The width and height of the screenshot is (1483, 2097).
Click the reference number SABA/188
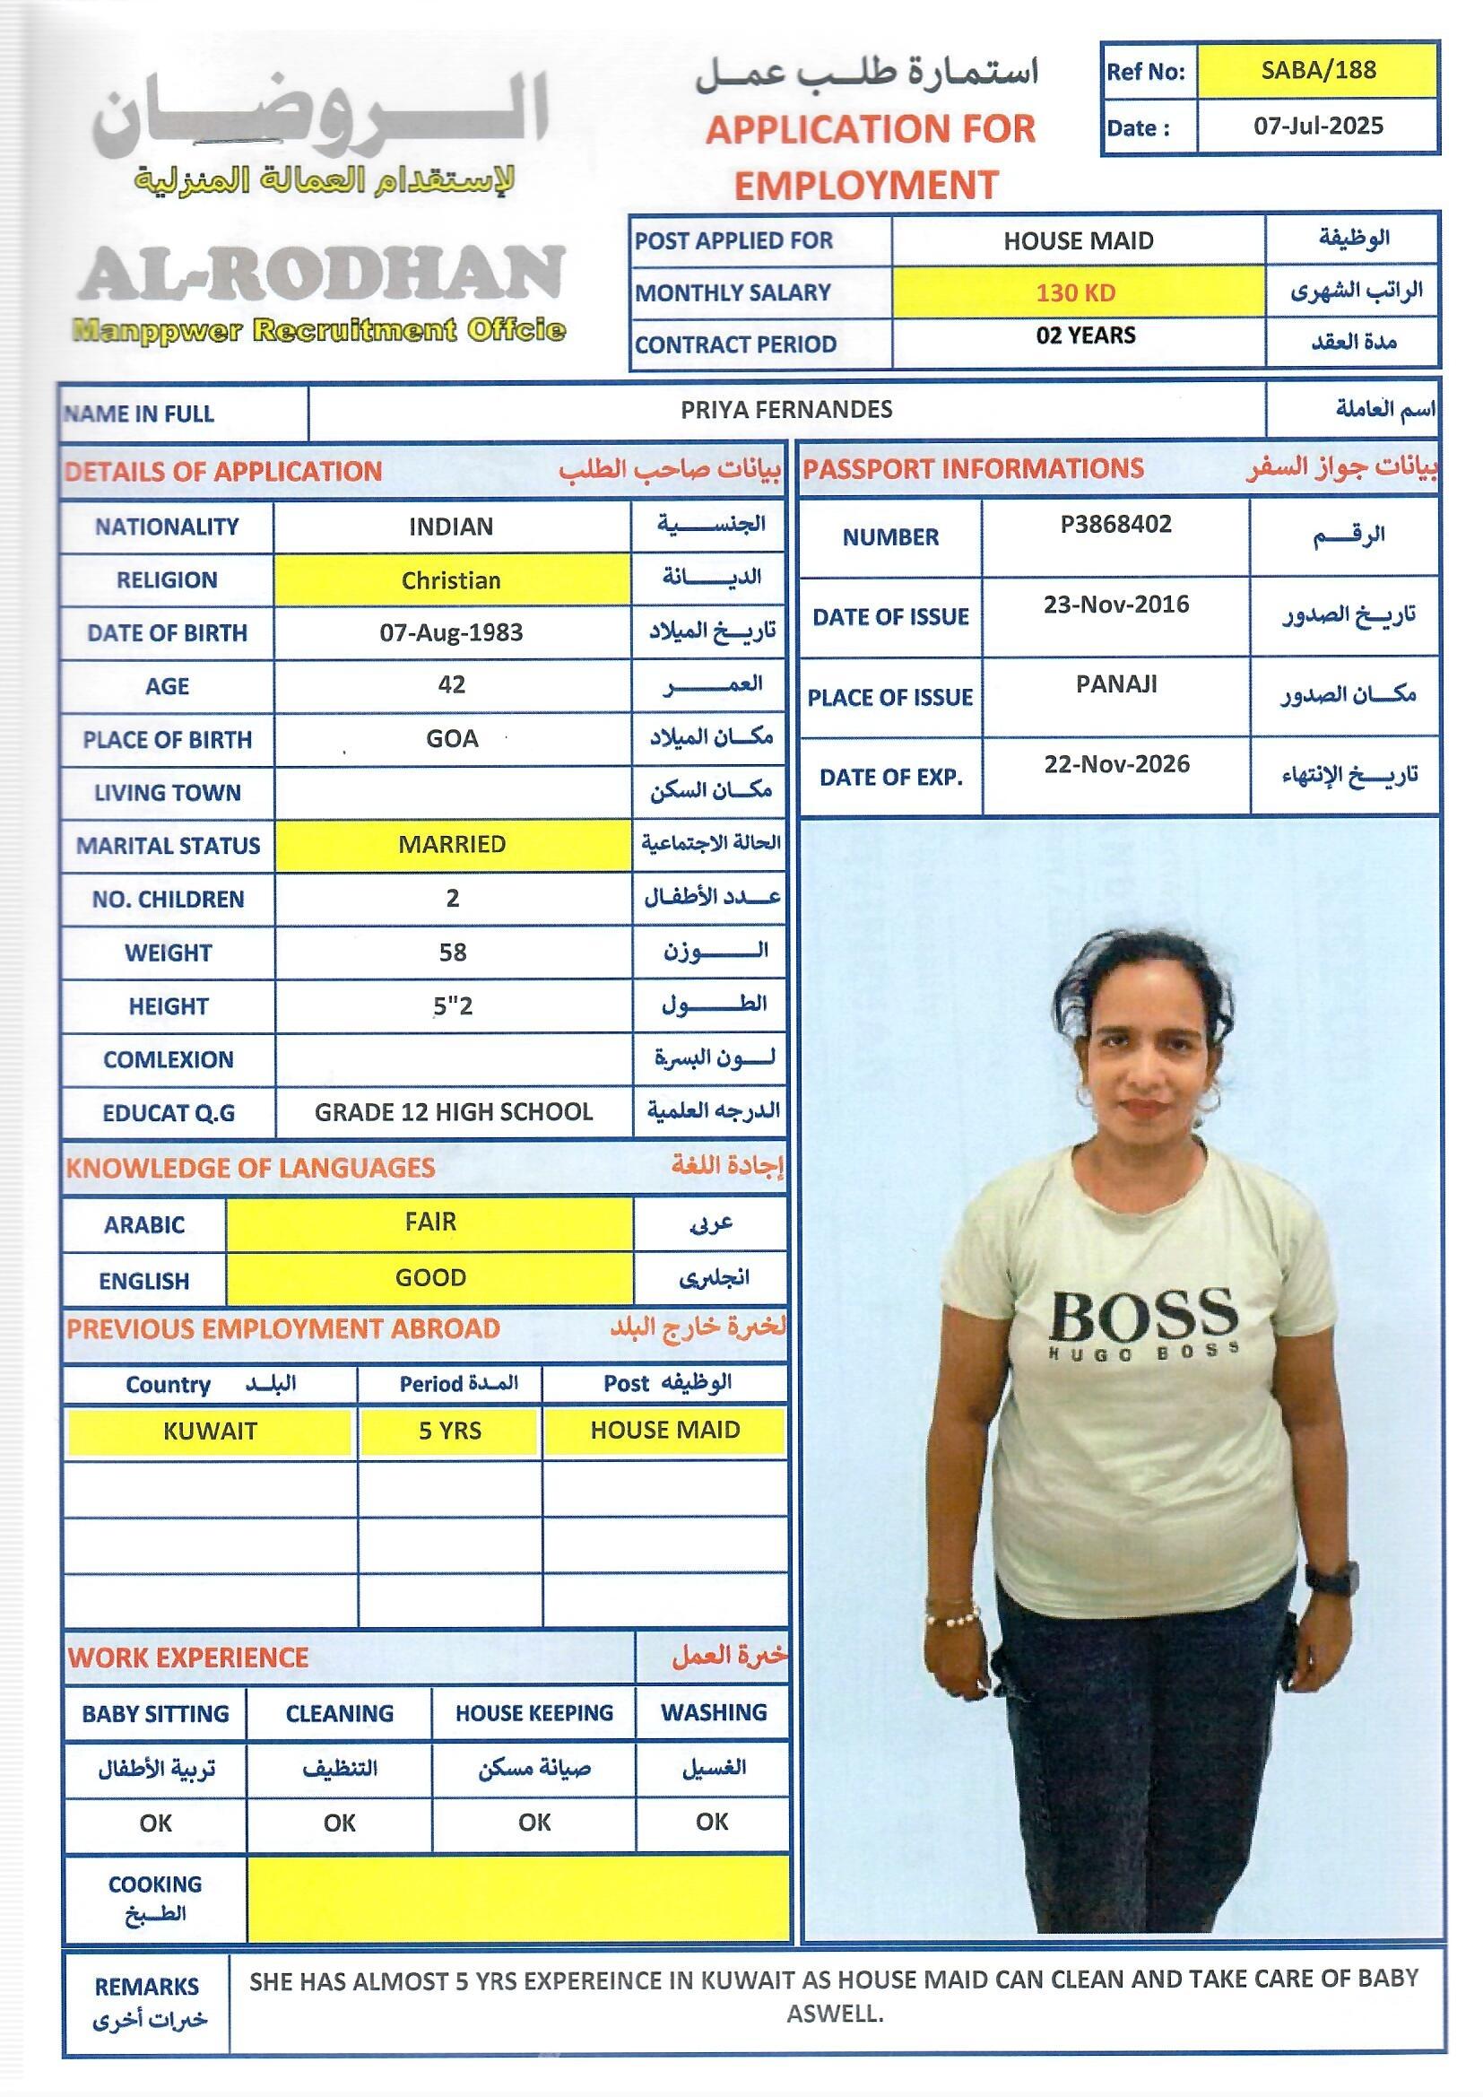coord(1318,70)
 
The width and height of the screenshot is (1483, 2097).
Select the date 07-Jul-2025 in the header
coord(1318,126)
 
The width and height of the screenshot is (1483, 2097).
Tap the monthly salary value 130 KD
coord(1076,293)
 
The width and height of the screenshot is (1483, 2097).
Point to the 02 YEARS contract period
coord(1085,335)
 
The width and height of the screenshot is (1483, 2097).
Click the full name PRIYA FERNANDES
coord(786,410)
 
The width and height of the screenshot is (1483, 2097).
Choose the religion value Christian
coord(451,581)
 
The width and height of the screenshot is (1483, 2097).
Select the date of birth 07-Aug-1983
coord(451,633)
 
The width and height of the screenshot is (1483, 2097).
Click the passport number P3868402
coord(1115,524)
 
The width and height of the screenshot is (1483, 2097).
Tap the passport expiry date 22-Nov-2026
coord(1116,764)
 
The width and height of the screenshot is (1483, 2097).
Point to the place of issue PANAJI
coord(1116,684)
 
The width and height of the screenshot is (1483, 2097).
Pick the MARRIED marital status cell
coord(452,844)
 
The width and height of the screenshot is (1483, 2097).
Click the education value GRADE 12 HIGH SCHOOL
coord(453,1112)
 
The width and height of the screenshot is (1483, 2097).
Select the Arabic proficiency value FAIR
coord(430,1222)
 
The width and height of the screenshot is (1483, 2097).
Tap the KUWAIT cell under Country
coord(210,1431)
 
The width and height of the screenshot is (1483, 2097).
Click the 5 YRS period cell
coord(449,1431)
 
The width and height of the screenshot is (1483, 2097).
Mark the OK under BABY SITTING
coord(155,1824)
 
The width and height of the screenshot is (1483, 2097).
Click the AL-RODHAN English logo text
coord(322,273)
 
